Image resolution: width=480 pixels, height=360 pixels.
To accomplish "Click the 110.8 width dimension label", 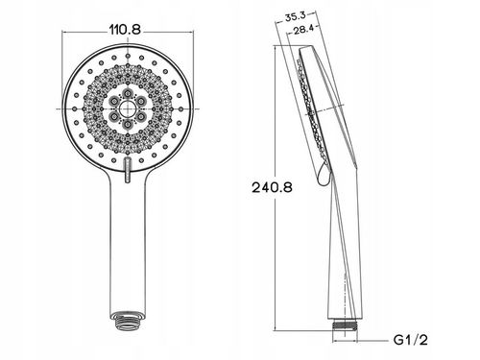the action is [x=125, y=30].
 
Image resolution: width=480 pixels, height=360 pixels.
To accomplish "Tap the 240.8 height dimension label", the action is [x=272, y=187].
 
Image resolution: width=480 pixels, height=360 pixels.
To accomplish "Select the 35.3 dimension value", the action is [x=296, y=16].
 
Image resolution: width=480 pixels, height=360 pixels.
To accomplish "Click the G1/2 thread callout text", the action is [x=411, y=340].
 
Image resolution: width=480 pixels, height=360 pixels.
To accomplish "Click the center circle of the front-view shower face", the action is [x=128, y=108].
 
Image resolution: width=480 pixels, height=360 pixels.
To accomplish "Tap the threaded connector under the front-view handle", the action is [x=128, y=319].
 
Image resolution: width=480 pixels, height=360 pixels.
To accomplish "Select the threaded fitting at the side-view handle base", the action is [x=345, y=325].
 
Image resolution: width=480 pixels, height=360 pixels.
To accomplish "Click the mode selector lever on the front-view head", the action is [x=128, y=170].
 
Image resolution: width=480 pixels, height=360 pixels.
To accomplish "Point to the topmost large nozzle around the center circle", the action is [x=128, y=93].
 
